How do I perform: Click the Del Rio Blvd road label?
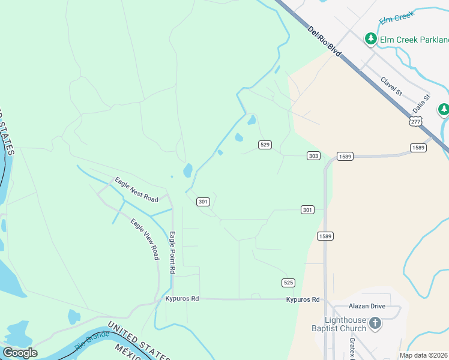click(x=324, y=41)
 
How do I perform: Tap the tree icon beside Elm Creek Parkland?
click(x=371, y=39)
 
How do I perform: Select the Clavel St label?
click(x=391, y=86)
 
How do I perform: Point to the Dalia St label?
click(x=422, y=104)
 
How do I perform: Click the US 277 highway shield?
click(x=414, y=121)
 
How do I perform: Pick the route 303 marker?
click(x=313, y=156)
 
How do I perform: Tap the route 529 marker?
click(x=265, y=145)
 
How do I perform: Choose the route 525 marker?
click(x=288, y=282)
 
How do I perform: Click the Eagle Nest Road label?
click(x=137, y=190)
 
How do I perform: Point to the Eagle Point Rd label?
click(x=172, y=253)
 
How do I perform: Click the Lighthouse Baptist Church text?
click(x=345, y=324)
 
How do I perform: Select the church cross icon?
click(x=375, y=324)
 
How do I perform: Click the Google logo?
click(x=20, y=353)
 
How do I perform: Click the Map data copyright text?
click(x=424, y=355)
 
